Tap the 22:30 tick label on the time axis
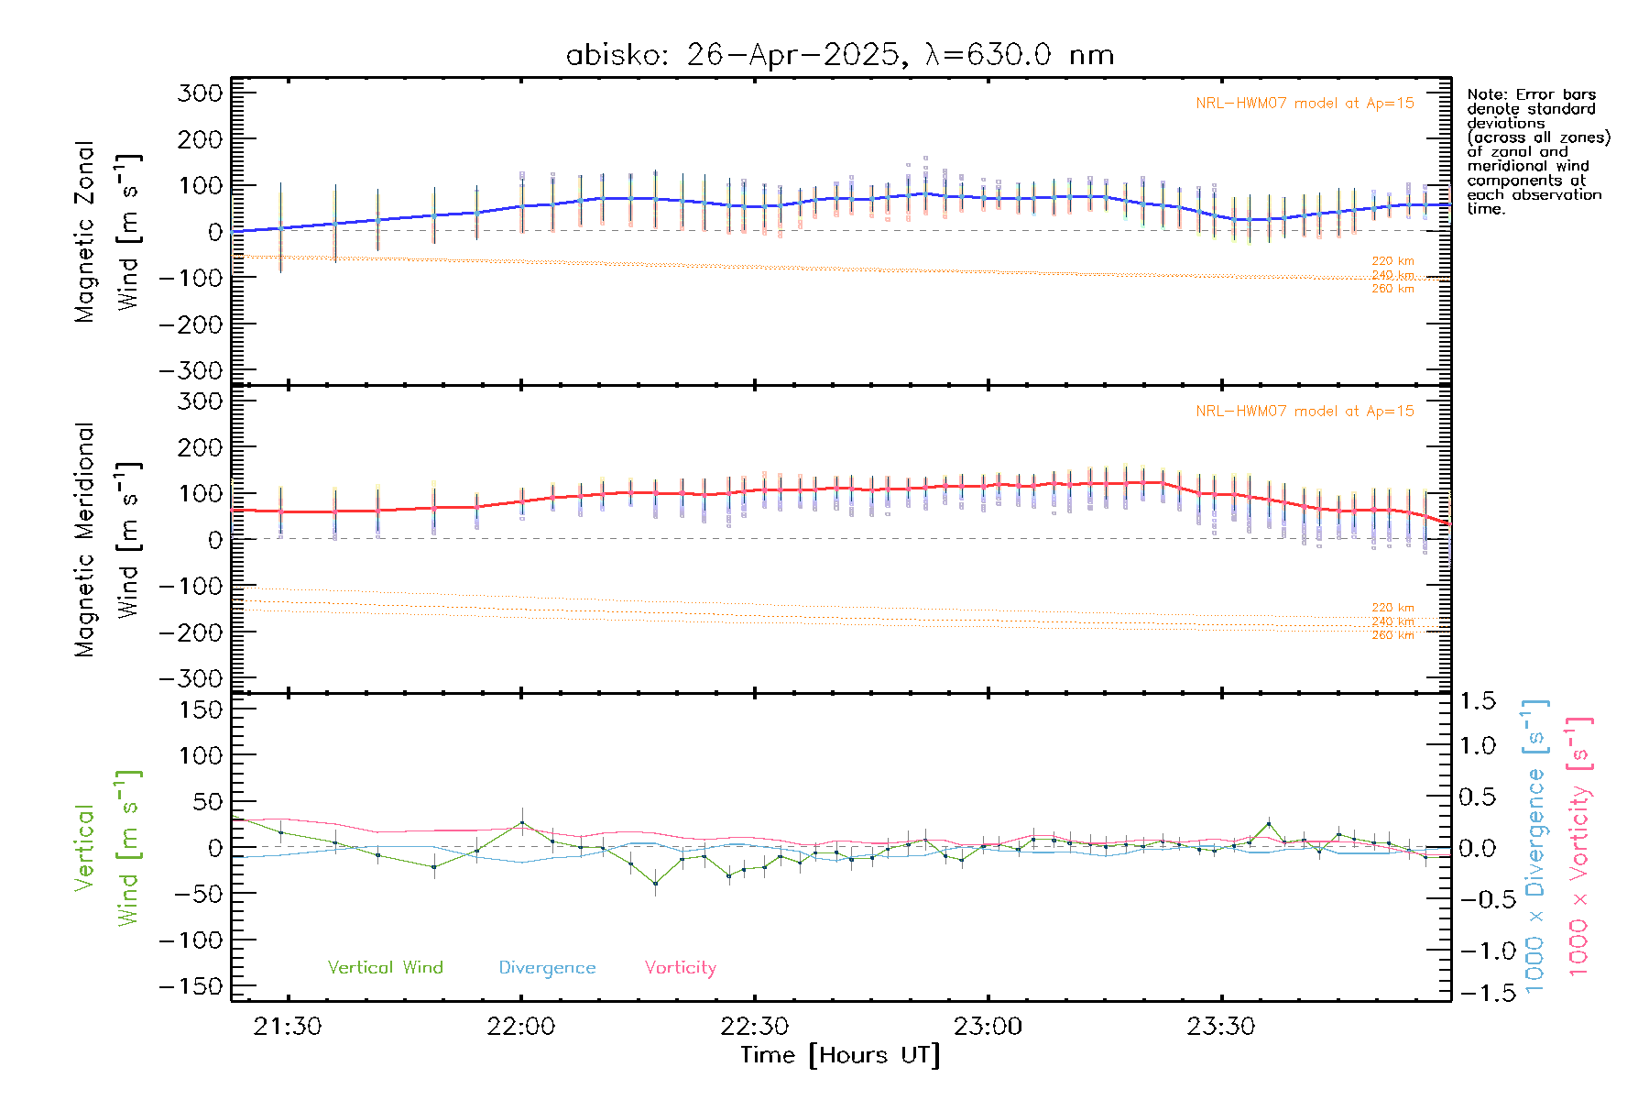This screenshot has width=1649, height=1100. pos(754,1027)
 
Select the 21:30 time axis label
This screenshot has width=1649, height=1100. pos(288,1027)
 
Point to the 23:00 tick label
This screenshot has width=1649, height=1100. pos(988,1027)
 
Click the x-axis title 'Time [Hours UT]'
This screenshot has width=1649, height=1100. pos(840,1055)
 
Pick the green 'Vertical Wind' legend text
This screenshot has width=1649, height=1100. pos(385,967)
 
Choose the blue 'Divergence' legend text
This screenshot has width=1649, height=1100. pos(547,967)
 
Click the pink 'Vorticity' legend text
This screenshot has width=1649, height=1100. pos(680,967)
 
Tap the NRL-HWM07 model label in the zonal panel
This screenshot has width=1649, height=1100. pos(1305,104)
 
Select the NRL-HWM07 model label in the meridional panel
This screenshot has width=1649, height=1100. pos(1305,412)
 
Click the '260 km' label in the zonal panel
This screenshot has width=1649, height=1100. pos(1392,289)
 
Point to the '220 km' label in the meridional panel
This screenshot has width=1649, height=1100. pos(1392,608)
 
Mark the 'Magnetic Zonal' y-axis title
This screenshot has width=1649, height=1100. pos(85,232)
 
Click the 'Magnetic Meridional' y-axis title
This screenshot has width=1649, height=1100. pos(85,540)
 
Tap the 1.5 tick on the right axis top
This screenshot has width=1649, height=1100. pos(1477,701)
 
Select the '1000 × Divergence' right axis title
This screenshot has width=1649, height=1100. pos(1535,845)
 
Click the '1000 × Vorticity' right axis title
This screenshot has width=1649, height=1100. pos(1579,845)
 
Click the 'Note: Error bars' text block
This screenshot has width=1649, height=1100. pos(1537,151)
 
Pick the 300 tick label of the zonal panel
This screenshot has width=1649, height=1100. pos(200,93)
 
